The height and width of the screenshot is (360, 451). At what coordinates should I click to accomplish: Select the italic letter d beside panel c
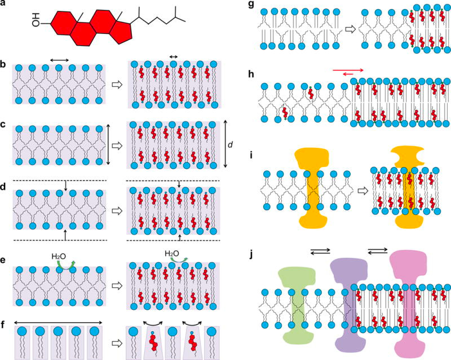tap(229, 146)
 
